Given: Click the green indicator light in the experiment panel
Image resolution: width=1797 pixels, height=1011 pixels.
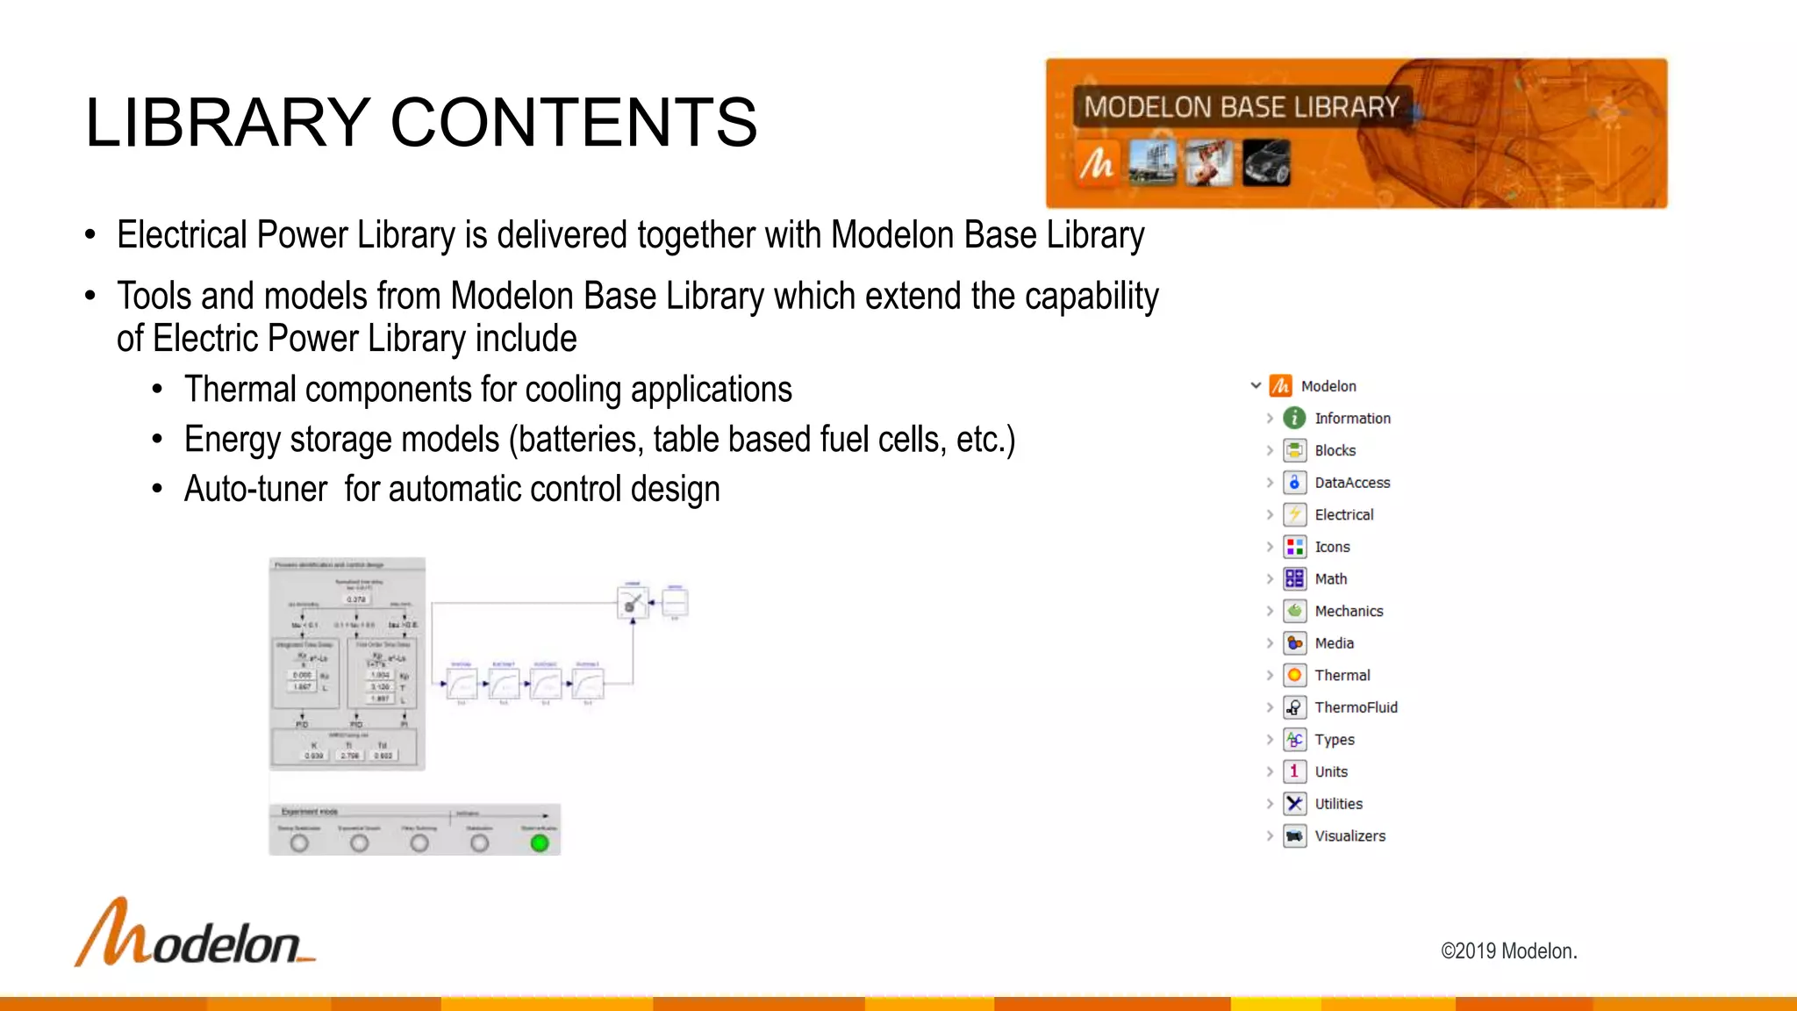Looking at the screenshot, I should click(x=540, y=843).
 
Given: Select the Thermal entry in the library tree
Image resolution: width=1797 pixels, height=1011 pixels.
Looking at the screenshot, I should click(x=1342, y=675).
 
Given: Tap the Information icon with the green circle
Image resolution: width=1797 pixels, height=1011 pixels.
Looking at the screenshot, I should click(x=1294, y=419).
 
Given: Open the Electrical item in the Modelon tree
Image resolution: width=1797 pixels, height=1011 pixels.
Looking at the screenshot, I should click(x=1343, y=514).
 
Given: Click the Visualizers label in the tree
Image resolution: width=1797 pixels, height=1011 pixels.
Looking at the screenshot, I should click(x=1350, y=835).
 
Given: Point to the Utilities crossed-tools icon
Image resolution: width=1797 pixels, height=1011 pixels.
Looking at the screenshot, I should click(x=1294, y=804).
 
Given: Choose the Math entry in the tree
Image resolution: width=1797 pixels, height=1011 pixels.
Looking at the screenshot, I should click(x=1330, y=578).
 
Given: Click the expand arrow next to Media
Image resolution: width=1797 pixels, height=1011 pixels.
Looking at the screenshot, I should click(x=1270, y=643).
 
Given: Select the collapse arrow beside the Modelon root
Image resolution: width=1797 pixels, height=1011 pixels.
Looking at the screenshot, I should click(x=1256, y=385).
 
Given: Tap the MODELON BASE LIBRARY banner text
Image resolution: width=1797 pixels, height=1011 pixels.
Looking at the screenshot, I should click(x=1242, y=107).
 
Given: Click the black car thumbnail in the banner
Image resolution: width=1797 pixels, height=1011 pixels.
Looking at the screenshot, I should click(x=1266, y=163).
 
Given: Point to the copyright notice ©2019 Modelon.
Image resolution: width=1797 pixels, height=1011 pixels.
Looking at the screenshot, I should click(x=1508, y=950).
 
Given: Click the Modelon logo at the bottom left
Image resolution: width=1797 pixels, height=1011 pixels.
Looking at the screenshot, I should click(x=195, y=934).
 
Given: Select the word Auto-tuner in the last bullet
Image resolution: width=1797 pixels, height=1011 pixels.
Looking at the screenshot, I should click(x=255, y=489).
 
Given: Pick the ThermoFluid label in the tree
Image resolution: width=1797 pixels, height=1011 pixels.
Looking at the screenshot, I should click(x=1356, y=707).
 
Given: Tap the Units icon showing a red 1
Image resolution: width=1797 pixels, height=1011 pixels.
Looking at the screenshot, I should click(x=1294, y=771).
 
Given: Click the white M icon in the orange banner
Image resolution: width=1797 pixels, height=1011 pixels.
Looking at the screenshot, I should click(x=1097, y=163).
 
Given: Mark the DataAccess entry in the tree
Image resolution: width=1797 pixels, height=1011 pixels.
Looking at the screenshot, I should click(x=1352, y=483).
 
